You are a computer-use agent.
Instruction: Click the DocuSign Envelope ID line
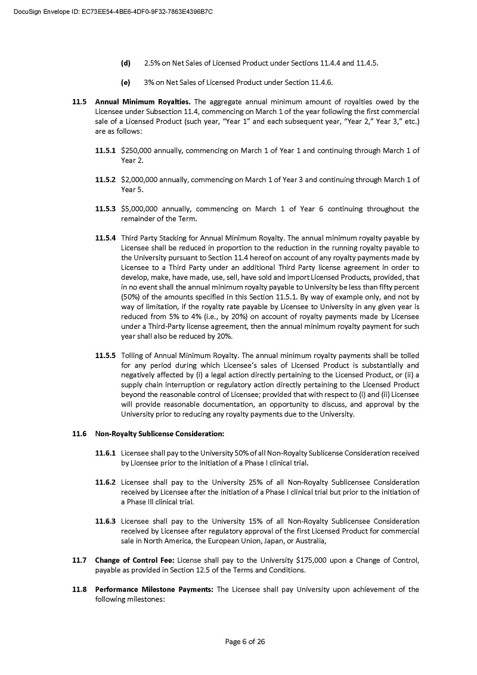113,11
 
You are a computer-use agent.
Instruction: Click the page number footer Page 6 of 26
244,642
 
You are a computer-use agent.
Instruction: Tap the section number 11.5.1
106,150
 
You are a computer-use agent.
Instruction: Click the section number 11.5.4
106,238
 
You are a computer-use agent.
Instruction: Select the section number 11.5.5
106,356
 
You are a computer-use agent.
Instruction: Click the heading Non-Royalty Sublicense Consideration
159,433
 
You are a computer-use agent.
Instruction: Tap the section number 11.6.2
106,482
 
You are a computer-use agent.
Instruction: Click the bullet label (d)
126,63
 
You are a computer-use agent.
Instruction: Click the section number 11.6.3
106,522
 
